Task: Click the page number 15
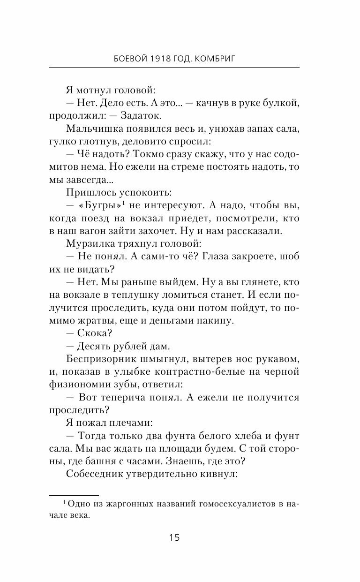[x=174, y=537]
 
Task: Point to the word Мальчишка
[x=93, y=128]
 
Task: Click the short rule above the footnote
[x=74, y=495]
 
